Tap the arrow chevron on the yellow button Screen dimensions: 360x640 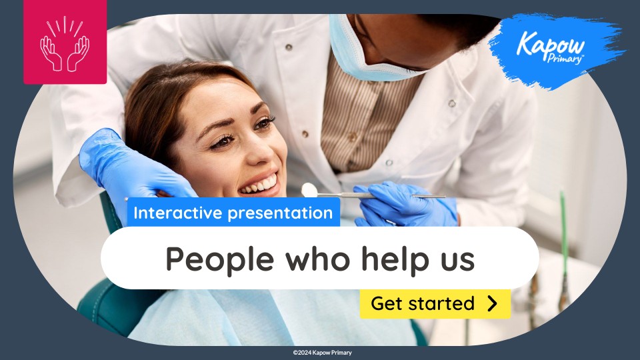coord(493,304)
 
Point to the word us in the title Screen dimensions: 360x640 coord(457,260)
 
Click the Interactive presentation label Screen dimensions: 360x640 coord(233,213)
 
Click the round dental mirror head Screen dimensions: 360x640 coord(309,190)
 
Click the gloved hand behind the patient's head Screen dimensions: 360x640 coord(127,167)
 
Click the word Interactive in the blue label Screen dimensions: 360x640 coord(175,213)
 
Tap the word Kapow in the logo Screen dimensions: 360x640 coord(551,45)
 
